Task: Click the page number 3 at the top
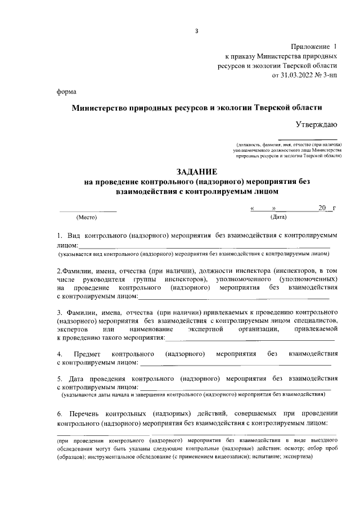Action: click(x=196, y=30)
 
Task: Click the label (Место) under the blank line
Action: click(x=87, y=217)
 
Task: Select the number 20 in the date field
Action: click(x=322, y=208)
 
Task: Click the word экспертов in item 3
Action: click(x=73, y=328)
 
